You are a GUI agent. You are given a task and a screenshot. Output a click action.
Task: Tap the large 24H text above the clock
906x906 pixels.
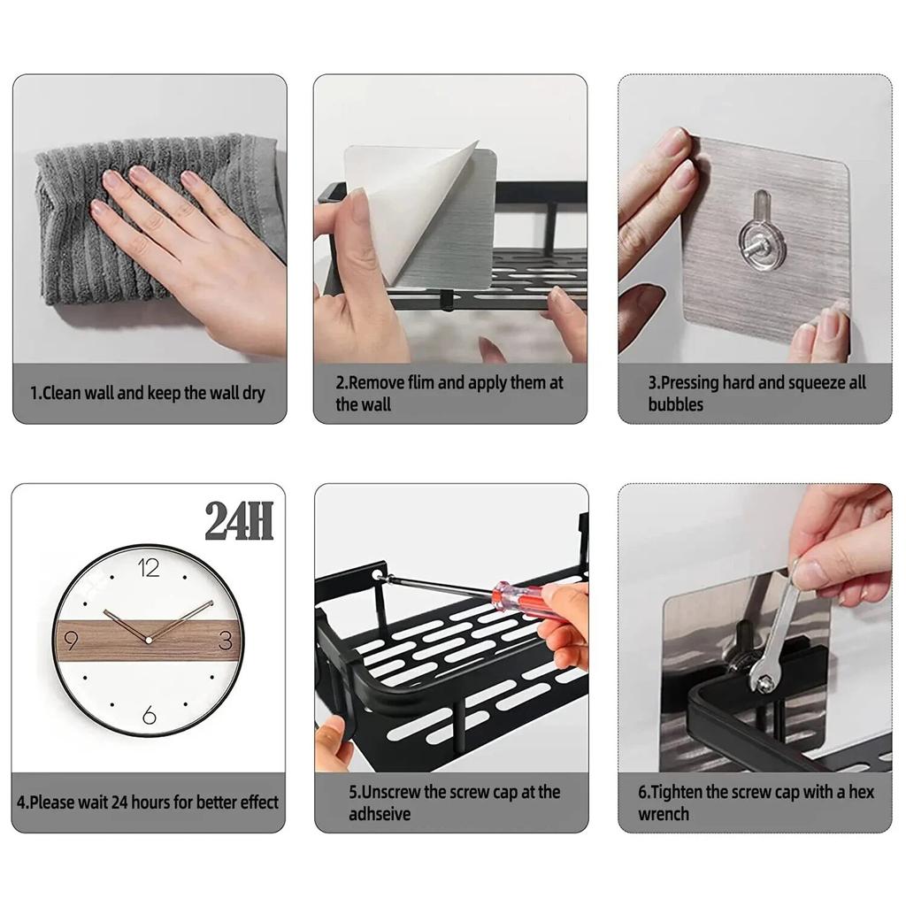point(239,522)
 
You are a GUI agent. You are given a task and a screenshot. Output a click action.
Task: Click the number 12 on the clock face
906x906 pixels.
point(148,568)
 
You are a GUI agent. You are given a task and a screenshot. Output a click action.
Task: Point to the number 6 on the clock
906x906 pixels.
point(149,714)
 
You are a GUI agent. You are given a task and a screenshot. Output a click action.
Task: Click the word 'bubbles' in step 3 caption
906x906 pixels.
point(675,405)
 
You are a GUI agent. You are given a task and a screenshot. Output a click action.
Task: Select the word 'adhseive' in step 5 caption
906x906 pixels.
point(380,814)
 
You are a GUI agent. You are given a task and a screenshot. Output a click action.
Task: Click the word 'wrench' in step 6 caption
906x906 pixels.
point(664,814)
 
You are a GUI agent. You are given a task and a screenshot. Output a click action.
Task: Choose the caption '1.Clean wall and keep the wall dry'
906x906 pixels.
point(148,393)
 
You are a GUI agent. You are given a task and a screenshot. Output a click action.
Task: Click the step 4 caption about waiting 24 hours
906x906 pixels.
point(148,802)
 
